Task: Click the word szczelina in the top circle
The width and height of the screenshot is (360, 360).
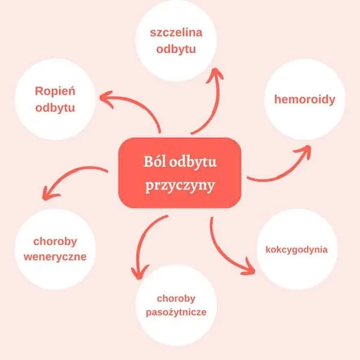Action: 176,32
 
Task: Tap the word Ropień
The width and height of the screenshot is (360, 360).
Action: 55,91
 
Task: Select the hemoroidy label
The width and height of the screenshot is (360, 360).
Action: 305,100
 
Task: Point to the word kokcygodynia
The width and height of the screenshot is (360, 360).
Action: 296,250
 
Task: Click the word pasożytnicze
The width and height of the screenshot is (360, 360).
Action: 176,313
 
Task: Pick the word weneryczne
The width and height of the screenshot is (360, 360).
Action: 55,257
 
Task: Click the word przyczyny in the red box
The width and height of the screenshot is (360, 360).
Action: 180,185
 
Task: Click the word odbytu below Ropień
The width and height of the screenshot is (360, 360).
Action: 55,108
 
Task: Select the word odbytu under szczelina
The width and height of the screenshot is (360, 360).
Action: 176,49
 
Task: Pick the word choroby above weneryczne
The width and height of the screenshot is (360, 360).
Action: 55,242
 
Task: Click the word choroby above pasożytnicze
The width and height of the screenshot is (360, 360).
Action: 176,298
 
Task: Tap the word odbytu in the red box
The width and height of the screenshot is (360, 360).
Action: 193,161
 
